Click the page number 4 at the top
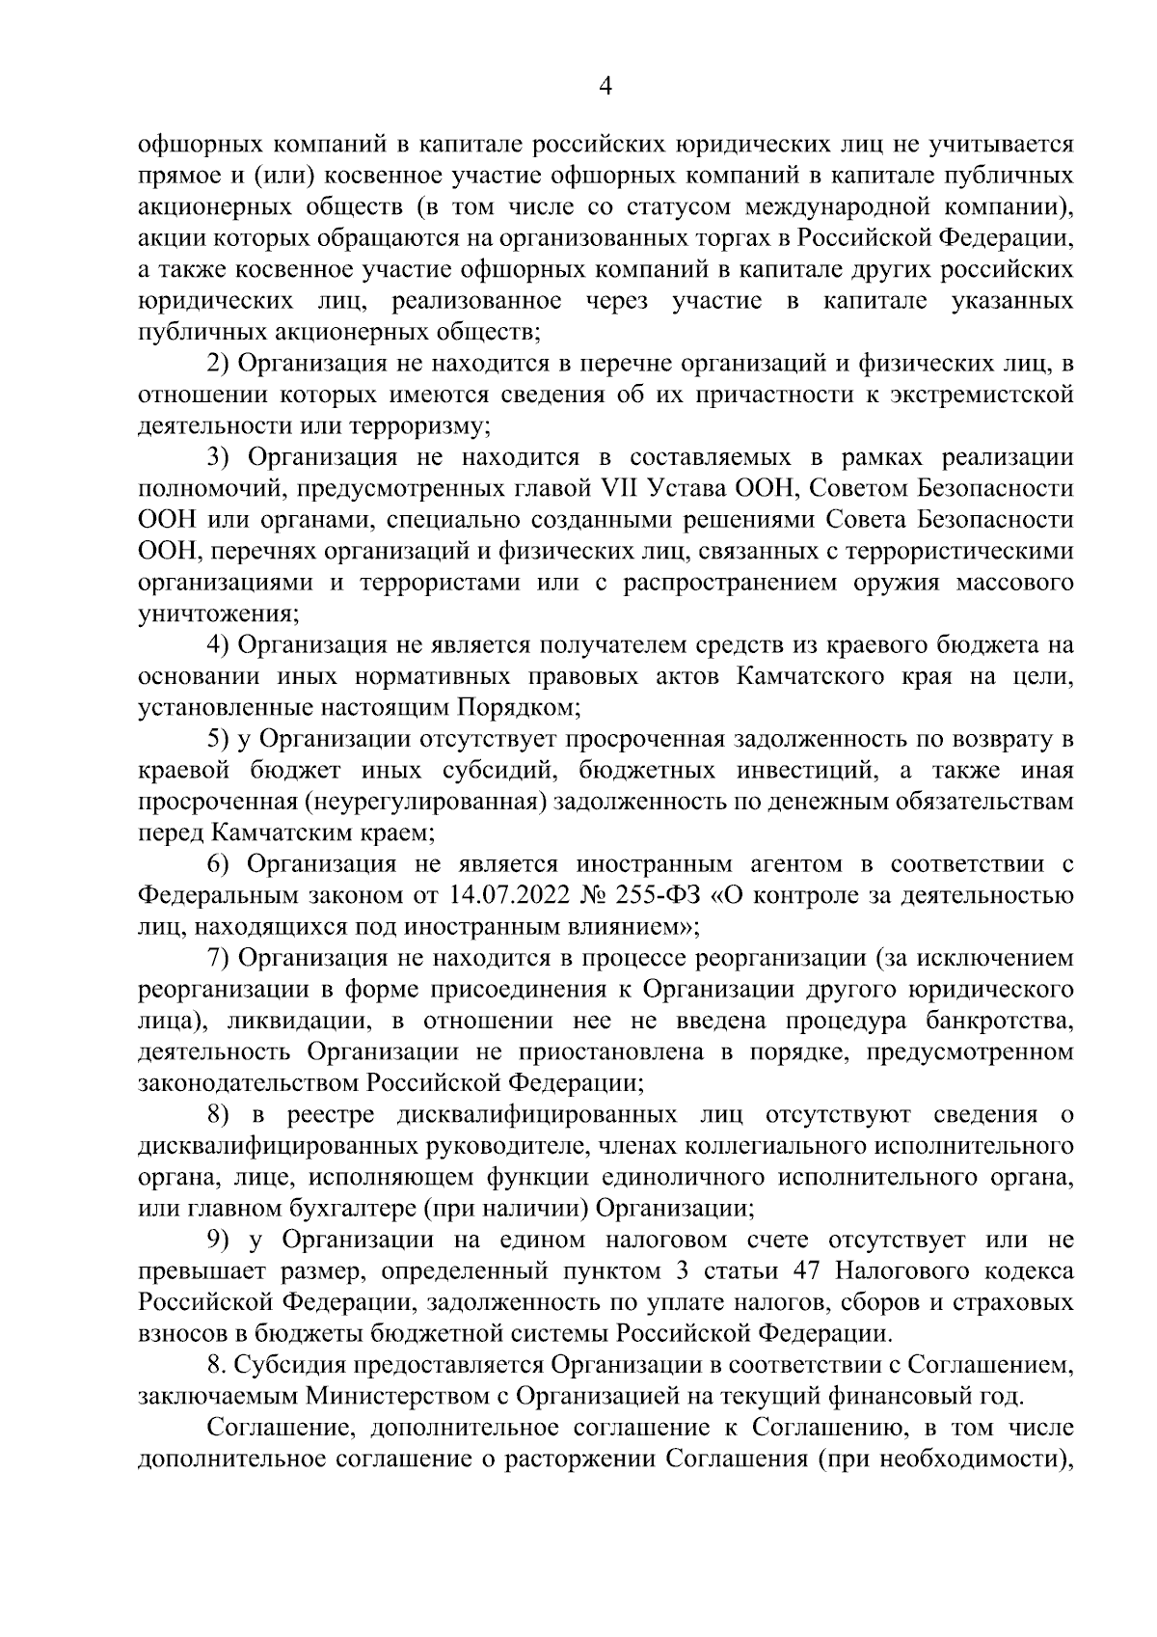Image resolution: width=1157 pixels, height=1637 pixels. pyautogui.click(x=605, y=86)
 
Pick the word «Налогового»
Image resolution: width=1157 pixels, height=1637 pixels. pyautogui.click(x=902, y=1270)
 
